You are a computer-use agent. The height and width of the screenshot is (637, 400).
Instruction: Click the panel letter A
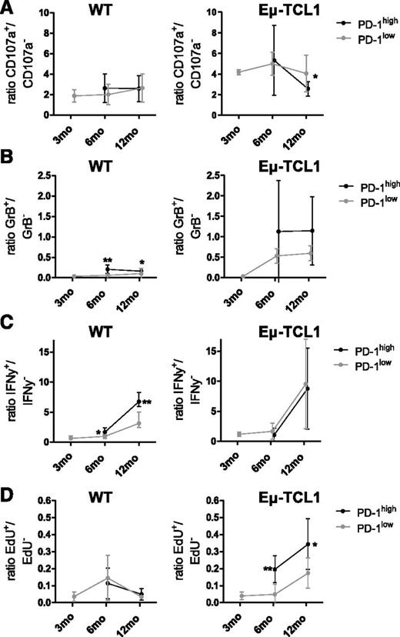[x=7, y=7]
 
